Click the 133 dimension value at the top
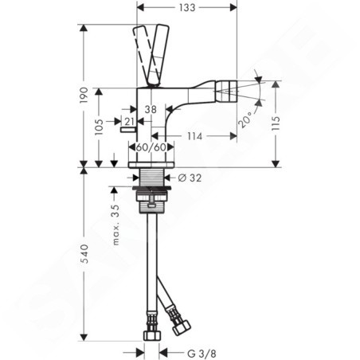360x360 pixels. pyautogui.click(x=187, y=8)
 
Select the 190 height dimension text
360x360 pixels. pyautogui.click(x=84, y=95)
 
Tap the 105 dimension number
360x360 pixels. pyautogui.click(x=99, y=127)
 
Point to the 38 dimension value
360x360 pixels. pyautogui.click(x=151, y=109)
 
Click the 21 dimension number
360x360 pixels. pyautogui.click(x=129, y=122)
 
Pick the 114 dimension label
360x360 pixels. pyautogui.click(x=194, y=136)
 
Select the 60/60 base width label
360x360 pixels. pyautogui.click(x=151, y=147)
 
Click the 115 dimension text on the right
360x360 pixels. pyautogui.click(x=276, y=123)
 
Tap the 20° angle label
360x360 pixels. pyautogui.click(x=245, y=119)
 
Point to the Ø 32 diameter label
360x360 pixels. pyautogui.click(x=190, y=178)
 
